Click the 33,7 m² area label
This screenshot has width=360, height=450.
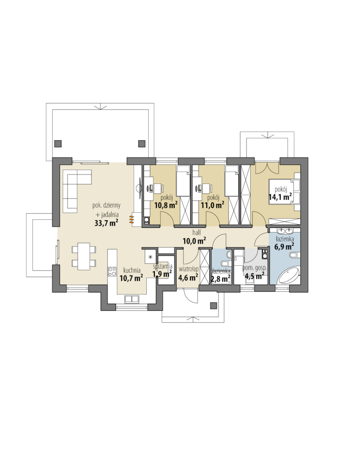[x=106, y=223]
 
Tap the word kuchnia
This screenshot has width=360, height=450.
[x=132, y=270]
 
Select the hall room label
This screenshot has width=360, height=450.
[x=196, y=232]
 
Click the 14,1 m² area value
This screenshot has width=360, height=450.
[x=280, y=197]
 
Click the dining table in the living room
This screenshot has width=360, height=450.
[x=84, y=256]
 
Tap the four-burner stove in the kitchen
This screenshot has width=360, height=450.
[x=112, y=272]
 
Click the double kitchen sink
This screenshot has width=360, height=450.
[x=132, y=299]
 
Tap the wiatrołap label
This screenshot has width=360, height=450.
[x=188, y=269]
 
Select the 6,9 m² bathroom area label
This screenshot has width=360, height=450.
[x=284, y=246]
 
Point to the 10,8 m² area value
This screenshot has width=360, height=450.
[x=166, y=205]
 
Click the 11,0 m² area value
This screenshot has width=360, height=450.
[x=212, y=205]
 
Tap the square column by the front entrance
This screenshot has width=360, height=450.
[x=214, y=306]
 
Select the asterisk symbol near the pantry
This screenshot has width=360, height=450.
[x=150, y=257]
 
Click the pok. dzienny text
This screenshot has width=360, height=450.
[x=106, y=205]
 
